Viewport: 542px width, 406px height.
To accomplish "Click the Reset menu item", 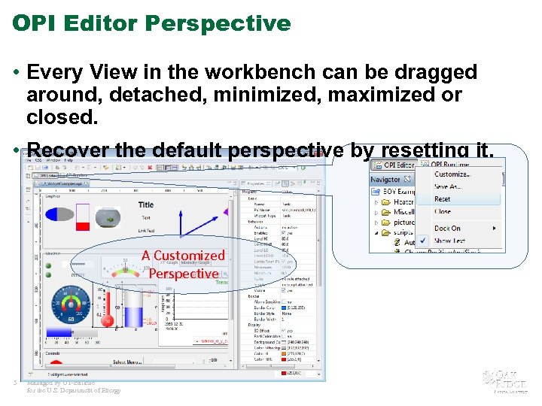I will [x=443, y=199].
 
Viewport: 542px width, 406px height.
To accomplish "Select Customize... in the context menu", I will [x=452, y=174].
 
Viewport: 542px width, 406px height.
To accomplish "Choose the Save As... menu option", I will [x=449, y=186].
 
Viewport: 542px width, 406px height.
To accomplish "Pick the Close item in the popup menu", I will [x=443, y=211].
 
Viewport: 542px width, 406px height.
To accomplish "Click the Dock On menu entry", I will [x=447, y=228].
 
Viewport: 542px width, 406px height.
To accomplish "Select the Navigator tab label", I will [x=385, y=180].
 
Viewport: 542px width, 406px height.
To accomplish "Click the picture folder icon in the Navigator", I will [x=386, y=223].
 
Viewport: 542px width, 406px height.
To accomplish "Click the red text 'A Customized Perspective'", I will [x=183, y=265].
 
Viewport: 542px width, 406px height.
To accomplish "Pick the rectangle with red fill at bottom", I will [x=83, y=217].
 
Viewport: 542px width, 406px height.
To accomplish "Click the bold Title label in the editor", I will [x=145, y=205].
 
